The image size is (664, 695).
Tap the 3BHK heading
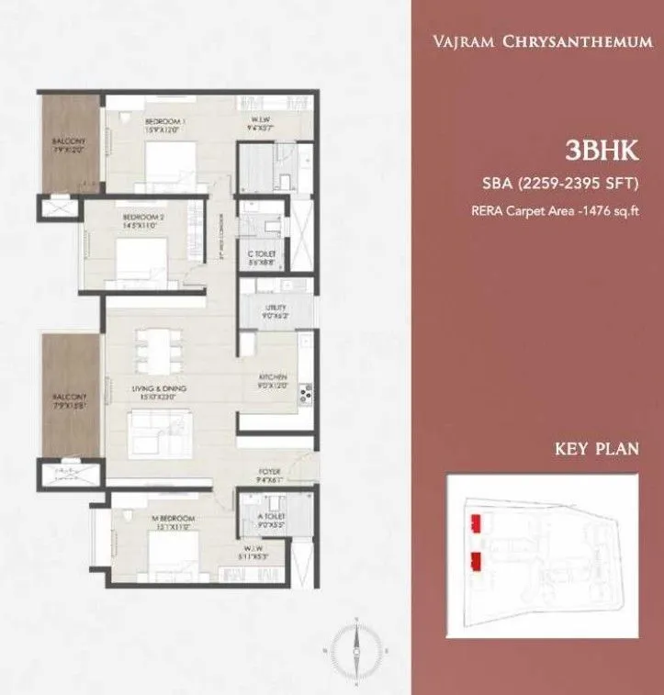point(602,151)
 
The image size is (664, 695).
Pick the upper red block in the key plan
point(476,523)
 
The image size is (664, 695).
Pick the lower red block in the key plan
point(476,561)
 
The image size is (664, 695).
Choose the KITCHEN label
point(273,378)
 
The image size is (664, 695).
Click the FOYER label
point(270,474)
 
